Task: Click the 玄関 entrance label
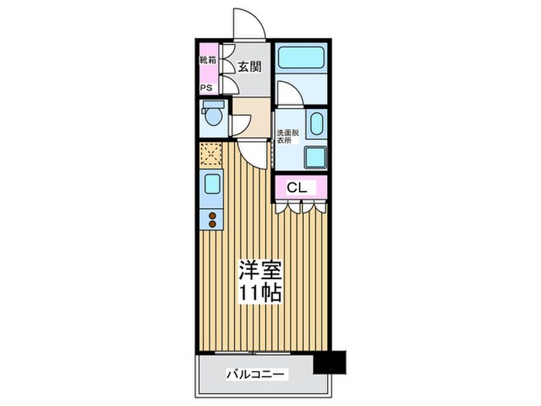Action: click(x=248, y=67)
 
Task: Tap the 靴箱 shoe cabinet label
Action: click(x=206, y=59)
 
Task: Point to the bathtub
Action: click(x=301, y=59)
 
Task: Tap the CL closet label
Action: click(x=298, y=187)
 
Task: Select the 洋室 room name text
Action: click(x=259, y=271)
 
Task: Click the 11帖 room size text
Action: click(x=259, y=295)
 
